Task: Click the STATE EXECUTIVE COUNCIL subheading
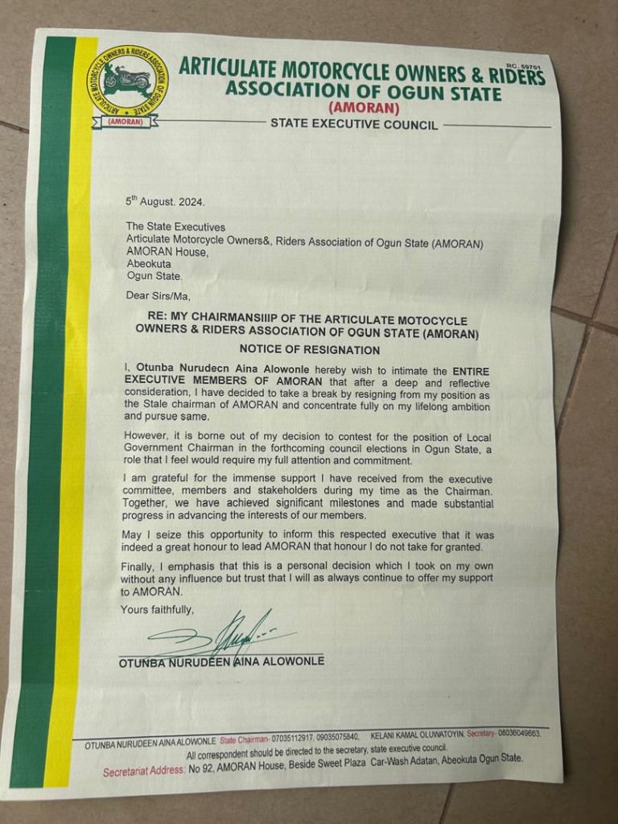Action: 354,124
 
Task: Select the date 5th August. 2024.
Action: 159,201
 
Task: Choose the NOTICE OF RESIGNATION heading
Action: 309,349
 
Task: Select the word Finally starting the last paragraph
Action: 139,566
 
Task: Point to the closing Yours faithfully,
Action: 157,609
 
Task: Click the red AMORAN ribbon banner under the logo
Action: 126,122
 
